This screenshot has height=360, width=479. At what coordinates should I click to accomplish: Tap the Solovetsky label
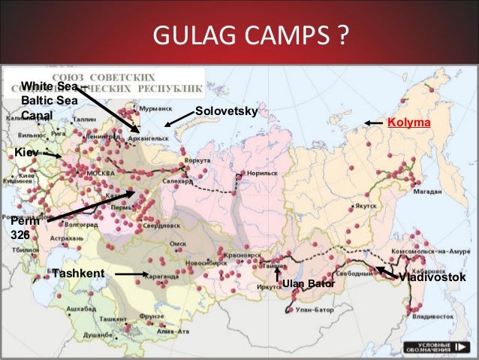(226, 112)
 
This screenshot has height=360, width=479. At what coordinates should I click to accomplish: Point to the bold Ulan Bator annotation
(309, 283)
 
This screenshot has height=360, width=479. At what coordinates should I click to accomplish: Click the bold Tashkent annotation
(77, 273)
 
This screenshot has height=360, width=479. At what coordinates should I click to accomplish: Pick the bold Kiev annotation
(26, 153)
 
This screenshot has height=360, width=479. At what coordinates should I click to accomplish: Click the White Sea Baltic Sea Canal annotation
(49, 101)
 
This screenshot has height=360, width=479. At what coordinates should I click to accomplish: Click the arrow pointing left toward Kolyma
(373, 123)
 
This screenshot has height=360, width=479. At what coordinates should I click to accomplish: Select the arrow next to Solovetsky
(178, 120)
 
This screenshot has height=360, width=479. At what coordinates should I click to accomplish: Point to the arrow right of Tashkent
(133, 275)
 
